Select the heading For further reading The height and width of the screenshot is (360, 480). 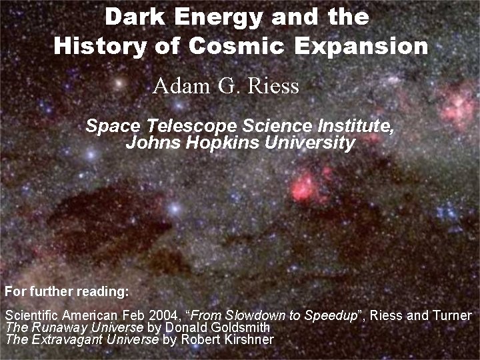coord(67,292)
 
